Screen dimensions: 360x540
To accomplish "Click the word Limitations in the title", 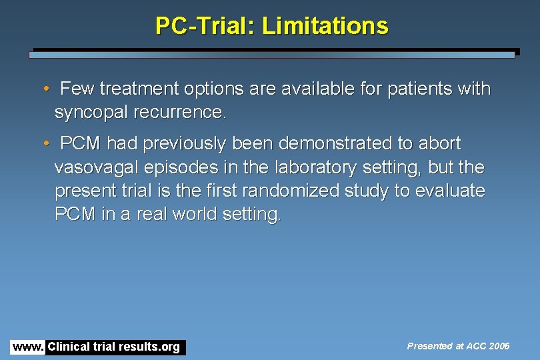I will pyautogui.click(x=325, y=26).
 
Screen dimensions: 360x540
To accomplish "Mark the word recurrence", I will pyautogui.click(x=185, y=112).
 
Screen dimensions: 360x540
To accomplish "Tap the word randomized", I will pyautogui.click(x=295, y=191).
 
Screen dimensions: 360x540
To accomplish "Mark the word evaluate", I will pyautogui.click(x=449, y=191).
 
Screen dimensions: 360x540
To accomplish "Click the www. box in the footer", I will pyautogui.click(x=28, y=347).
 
